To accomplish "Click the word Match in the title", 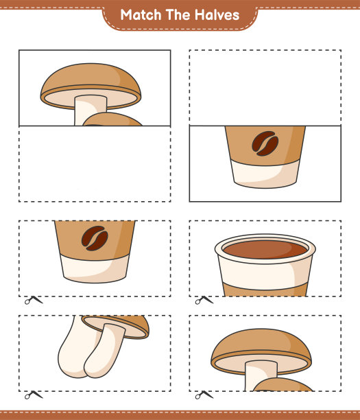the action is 141,14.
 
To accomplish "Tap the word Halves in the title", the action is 217,14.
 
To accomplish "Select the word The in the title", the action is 178,14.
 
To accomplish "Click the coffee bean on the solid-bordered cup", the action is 265,143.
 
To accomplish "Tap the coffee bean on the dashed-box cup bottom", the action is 95,238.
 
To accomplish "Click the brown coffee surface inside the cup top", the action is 265,249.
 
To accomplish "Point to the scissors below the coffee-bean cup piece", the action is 34,301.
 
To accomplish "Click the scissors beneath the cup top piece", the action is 204,301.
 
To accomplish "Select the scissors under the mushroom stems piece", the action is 34,395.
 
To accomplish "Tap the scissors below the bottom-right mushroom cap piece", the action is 204,395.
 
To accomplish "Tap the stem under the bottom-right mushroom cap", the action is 257,376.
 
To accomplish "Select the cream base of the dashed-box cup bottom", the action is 95,268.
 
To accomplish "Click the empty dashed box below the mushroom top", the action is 95,164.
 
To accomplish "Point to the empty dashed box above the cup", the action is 265,88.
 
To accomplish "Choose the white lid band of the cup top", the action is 265,272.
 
